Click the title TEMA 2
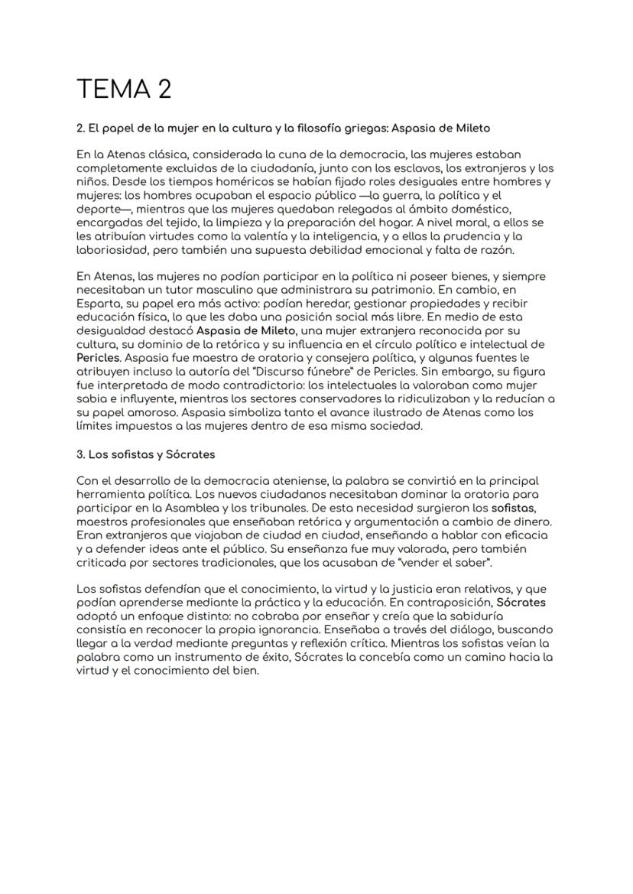click(124, 89)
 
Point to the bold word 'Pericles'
click(99, 356)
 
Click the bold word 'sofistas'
click(514, 507)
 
